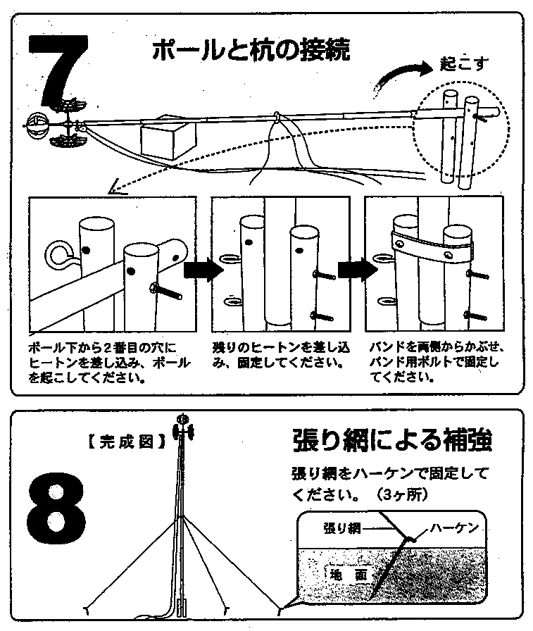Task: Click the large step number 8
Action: (56, 508)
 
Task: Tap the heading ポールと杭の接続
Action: (251, 50)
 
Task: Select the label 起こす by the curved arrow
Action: (464, 63)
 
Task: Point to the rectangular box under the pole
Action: (168, 139)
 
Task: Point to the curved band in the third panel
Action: (432, 246)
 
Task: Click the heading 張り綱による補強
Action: (392, 441)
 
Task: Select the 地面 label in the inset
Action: (349, 575)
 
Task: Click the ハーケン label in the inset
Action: (454, 527)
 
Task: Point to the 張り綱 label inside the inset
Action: (341, 527)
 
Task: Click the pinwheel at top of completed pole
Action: (184, 428)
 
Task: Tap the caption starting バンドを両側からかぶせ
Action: (436, 362)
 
